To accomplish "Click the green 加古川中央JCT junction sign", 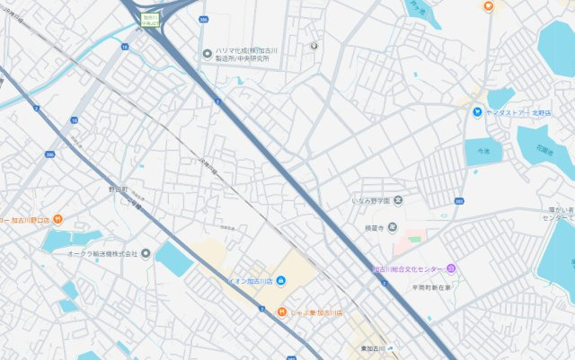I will [x=149, y=20].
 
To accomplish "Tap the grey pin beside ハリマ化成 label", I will [x=208, y=53].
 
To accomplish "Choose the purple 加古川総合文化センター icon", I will [x=451, y=268].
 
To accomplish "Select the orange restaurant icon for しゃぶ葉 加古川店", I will [x=280, y=312].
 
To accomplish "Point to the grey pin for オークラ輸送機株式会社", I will [x=146, y=252].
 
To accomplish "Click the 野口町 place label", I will [x=118, y=189].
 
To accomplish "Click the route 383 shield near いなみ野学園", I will [x=459, y=201].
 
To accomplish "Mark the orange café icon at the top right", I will [x=488, y=5].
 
